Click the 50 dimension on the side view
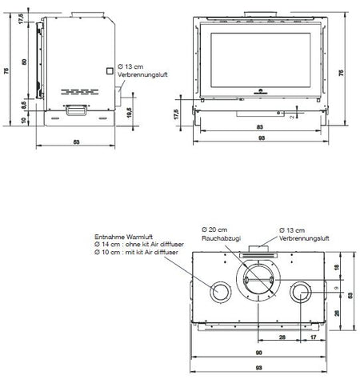24,62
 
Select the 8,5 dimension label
24,104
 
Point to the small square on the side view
111,70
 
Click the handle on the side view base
77,110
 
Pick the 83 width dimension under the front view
261,128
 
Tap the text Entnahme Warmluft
119,237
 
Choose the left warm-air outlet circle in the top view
218,291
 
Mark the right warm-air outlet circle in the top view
302,291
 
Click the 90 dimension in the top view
260,354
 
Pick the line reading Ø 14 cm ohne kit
136,244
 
